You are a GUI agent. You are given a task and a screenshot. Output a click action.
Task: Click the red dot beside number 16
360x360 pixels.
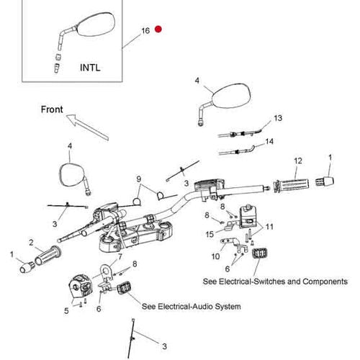tap(158, 29)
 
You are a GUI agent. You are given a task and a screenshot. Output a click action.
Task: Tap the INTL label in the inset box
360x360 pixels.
tap(90, 68)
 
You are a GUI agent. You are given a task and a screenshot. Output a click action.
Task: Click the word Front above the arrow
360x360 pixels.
tap(52, 109)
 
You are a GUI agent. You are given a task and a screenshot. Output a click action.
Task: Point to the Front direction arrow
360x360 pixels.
tap(87, 127)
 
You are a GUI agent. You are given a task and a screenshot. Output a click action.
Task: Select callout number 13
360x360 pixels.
tap(278, 118)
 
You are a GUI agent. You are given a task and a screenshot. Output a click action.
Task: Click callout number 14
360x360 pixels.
tap(269, 141)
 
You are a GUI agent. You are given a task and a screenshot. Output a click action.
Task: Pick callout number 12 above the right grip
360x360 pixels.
tap(298, 161)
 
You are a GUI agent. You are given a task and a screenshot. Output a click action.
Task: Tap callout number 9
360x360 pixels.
tap(139, 179)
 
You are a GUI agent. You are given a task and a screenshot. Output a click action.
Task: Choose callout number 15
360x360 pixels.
tap(210, 234)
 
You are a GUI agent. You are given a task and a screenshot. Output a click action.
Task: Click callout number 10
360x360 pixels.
tap(215, 256)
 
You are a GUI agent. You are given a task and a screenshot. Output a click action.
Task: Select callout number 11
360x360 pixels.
tap(269, 227)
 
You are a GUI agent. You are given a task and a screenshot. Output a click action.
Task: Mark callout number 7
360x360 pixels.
tap(120, 257)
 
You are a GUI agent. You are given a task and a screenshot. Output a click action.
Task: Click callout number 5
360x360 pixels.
tap(66, 311)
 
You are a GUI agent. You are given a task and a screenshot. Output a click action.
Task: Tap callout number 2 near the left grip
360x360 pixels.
tap(31, 243)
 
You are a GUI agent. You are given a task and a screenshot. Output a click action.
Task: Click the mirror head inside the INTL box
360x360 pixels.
tap(96, 24)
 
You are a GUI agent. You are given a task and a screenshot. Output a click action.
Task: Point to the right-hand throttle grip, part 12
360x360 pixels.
tap(291, 185)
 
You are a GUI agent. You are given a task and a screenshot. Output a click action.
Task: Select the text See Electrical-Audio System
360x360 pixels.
tap(192, 307)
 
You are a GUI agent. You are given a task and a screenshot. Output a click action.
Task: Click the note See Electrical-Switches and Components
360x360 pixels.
tap(275, 282)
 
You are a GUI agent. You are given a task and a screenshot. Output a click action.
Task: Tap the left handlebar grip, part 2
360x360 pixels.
tap(48, 256)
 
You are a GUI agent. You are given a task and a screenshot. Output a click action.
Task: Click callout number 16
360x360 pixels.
tap(145, 31)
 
